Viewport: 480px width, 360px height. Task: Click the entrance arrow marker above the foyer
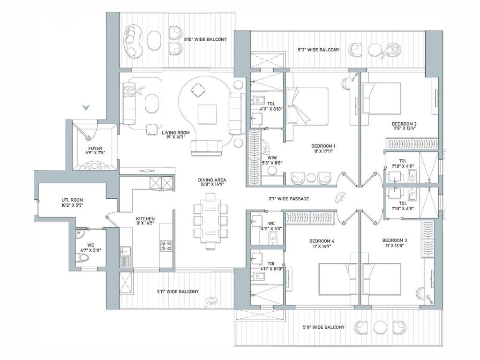pos(87,107)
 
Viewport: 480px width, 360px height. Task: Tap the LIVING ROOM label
pos(176,133)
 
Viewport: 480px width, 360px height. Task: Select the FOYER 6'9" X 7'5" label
pos(95,150)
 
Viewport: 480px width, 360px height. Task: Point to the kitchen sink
pos(125,252)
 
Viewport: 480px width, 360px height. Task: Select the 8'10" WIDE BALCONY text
pos(205,39)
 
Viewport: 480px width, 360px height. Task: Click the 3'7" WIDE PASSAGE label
pos(289,199)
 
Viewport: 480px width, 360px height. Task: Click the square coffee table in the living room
pos(207,114)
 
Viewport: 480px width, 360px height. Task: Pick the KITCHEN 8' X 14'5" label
pos(145,221)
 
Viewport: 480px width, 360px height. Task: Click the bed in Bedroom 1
pos(307,106)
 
